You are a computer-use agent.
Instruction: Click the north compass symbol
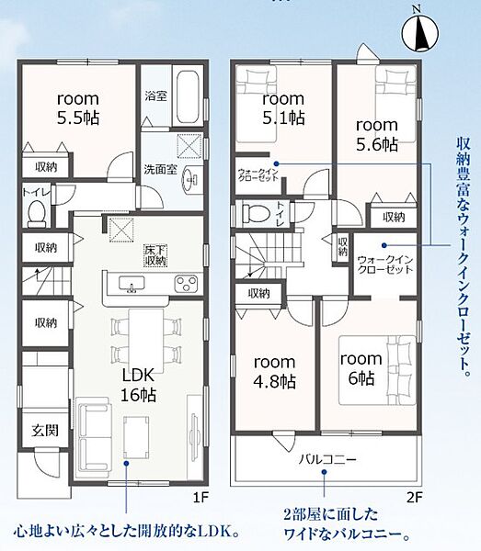point(420,31)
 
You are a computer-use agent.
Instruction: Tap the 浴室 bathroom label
point(155,96)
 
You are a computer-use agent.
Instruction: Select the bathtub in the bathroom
point(188,96)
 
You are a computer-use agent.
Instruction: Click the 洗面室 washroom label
point(160,169)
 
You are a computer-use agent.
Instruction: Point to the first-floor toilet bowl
point(37,213)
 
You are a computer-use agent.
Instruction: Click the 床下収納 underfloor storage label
point(155,255)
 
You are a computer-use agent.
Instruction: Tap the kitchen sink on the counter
point(132,284)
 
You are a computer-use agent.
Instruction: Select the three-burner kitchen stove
point(186,284)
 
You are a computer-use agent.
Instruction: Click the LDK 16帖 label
point(138,385)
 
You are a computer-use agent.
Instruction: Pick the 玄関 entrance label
point(45,430)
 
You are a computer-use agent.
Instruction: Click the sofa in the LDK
point(94,436)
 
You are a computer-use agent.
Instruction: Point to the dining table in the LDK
point(146,340)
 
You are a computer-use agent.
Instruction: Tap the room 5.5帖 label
point(78,108)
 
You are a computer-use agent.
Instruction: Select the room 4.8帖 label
point(274,372)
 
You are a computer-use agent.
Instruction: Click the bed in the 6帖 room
point(377,370)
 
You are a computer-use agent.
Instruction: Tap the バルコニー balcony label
point(327,459)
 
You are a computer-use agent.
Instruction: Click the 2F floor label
point(414,498)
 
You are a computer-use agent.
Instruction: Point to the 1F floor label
point(200,498)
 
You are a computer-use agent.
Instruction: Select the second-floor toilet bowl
point(257,213)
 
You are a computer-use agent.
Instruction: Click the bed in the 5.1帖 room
point(257,104)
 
